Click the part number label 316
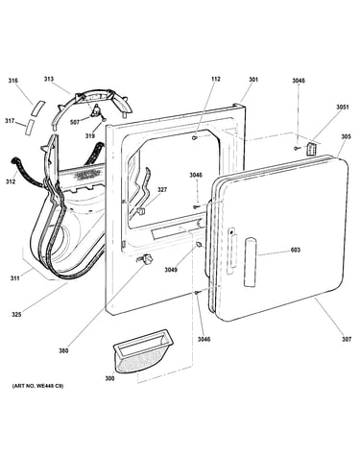click(13, 81)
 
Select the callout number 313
click(49, 79)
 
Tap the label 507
click(75, 122)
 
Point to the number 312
click(11, 182)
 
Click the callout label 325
click(16, 315)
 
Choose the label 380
click(63, 350)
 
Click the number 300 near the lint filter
click(109, 378)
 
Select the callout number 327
click(162, 190)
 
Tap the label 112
click(216, 79)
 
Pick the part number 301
click(253, 79)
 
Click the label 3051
click(342, 108)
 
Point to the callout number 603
click(296, 250)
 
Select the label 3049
click(171, 270)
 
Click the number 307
click(347, 339)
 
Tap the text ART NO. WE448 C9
click(37, 386)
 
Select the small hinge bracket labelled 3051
click(311, 149)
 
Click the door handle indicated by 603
click(251, 262)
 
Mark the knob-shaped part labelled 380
click(146, 259)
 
